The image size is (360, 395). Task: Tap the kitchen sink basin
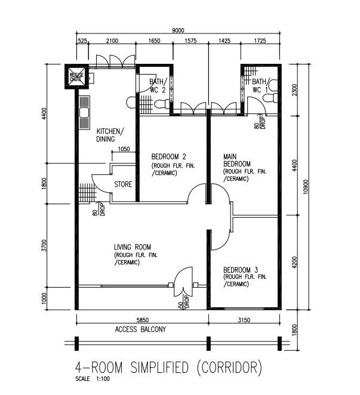84,113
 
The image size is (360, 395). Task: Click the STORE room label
123,184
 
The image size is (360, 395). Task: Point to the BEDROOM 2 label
168,157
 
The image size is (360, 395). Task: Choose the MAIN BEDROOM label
237,161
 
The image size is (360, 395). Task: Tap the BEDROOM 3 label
241,270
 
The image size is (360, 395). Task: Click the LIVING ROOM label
133,247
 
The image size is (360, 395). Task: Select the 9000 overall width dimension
178,30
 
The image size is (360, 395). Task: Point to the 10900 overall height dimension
306,187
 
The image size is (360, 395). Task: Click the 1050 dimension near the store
124,149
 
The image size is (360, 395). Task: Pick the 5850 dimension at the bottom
143,320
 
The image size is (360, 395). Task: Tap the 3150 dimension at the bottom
244,320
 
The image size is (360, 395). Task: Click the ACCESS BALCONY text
140,329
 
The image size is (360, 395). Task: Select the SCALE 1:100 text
93,379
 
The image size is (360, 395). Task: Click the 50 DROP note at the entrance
184,302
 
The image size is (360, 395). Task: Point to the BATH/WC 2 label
158,86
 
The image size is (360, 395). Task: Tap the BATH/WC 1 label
260,86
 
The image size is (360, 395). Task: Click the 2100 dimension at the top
112,41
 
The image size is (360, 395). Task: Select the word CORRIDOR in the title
229,368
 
